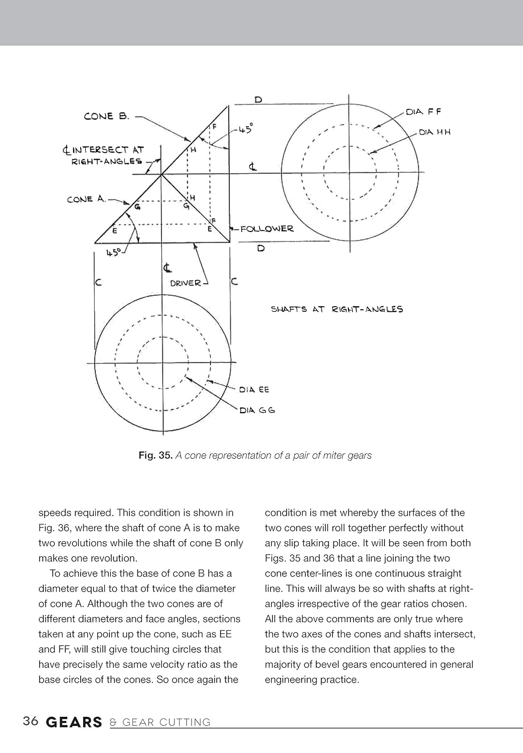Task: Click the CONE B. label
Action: pos(106,116)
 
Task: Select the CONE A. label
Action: pos(86,199)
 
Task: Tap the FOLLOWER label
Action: pos(267,229)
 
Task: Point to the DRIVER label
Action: pos(186,283)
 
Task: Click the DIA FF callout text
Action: pos(424,112)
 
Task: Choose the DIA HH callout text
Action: pos(435,132)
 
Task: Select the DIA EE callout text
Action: pos(254,390)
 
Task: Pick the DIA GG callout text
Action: pos(257,410)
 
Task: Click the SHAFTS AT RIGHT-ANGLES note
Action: pos(337,309)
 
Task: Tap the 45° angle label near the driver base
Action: pos(113,253)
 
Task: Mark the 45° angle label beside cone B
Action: pos(245,129)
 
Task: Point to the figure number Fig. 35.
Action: pos(155,455)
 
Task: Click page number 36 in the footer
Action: pos(31,721)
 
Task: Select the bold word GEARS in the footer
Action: pos(74,722)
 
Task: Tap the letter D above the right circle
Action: pos(258,99)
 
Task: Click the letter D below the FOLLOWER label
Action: pos(261,248)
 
